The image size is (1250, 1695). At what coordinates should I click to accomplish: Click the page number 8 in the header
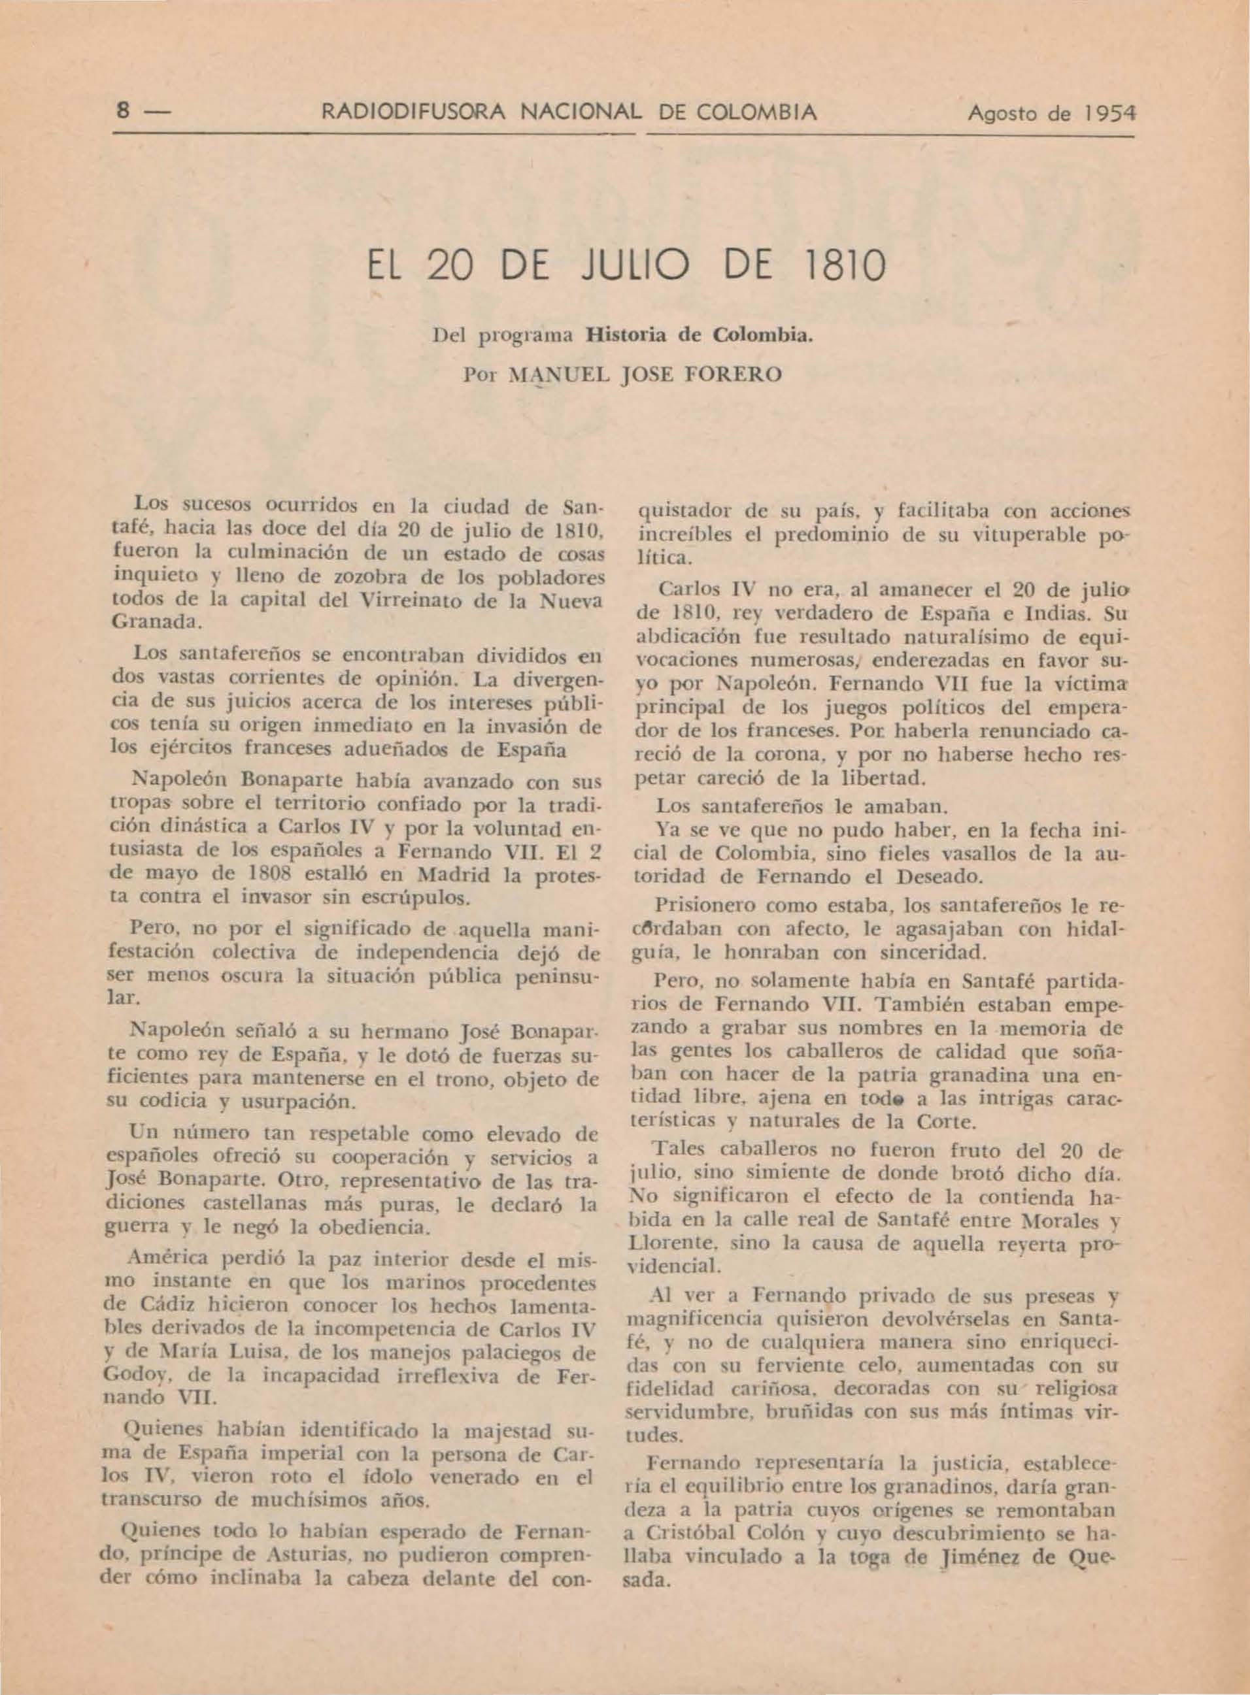(x=120, y=114)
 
